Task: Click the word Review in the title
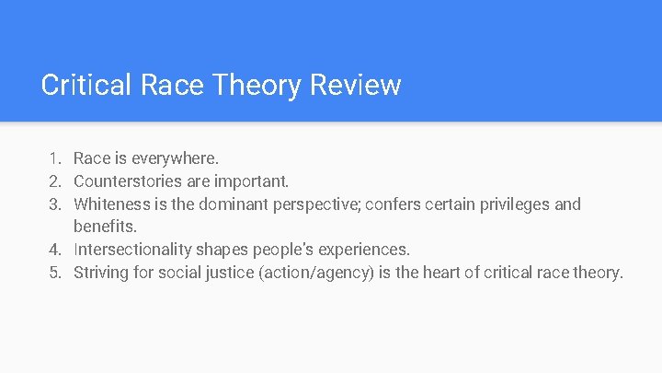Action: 356,86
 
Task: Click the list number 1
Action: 54,158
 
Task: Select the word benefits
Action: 106,227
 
